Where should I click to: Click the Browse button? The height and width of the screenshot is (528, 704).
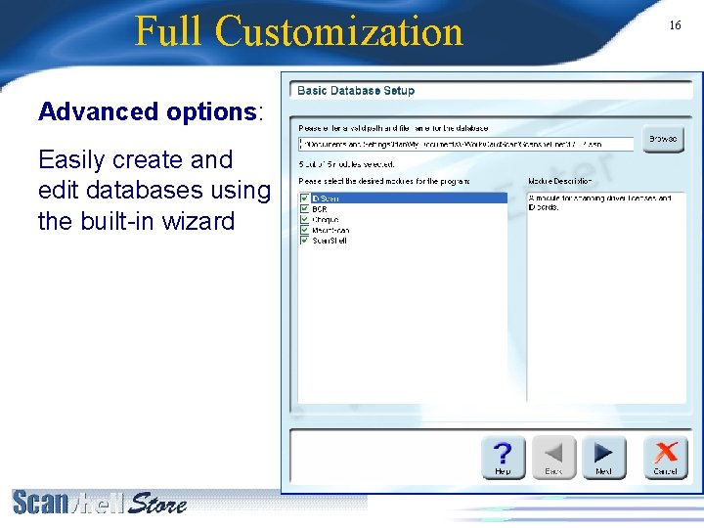[662, 139]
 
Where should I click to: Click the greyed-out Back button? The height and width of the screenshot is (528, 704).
[553, 457]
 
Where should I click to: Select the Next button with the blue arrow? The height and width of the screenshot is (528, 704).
[603, 457]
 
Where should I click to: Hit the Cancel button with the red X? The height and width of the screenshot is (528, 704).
[665, 457]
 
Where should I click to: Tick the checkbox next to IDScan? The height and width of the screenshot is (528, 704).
[304, 198]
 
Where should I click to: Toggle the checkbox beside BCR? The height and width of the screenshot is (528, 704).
[304, 209]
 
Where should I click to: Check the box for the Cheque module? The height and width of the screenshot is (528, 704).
[304, 220]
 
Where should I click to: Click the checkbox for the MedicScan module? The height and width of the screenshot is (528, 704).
[304, 231]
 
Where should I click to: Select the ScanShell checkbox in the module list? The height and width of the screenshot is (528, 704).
[304, 241]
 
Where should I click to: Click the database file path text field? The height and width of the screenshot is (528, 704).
[465, 144]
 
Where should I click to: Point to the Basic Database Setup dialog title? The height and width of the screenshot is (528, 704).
[356, 91]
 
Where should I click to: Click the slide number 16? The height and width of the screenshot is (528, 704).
[675, 25]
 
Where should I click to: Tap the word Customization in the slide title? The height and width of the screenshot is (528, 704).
[339, 31]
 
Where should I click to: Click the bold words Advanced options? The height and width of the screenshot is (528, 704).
[148, 111]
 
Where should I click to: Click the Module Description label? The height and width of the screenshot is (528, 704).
[559, 181]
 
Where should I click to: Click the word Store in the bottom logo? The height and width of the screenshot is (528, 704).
[158, 503]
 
